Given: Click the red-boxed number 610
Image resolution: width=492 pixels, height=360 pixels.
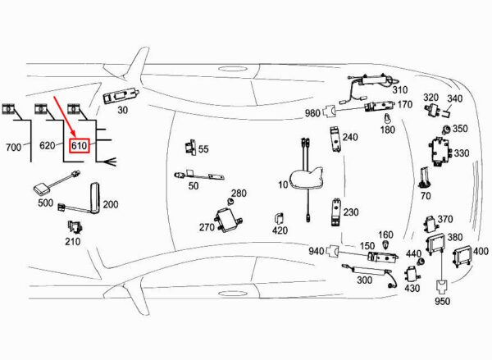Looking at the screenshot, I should [x=80, y=146].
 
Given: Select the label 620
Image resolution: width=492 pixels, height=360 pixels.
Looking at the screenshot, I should [x=48, y=146].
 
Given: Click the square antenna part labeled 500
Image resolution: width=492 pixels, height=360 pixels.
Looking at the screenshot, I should [x=43, y=190].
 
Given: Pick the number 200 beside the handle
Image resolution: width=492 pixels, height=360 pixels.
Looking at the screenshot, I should [x=110, y=204].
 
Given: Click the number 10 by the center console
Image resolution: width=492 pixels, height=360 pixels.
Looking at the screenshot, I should [x=284, y=185].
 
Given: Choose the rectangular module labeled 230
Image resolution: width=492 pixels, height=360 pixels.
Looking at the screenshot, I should [x=335, y=212].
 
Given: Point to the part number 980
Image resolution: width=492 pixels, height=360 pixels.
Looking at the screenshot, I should [x=312, y=113].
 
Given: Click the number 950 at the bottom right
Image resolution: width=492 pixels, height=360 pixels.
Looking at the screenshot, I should [x=443, y=301].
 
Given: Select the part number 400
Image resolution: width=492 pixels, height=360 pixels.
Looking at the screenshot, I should [x=481, y=251].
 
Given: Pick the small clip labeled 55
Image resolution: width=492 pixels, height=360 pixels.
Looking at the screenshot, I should [x=191, y=148].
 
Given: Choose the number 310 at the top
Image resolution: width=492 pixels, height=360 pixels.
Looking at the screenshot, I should [x=399, y=89].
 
